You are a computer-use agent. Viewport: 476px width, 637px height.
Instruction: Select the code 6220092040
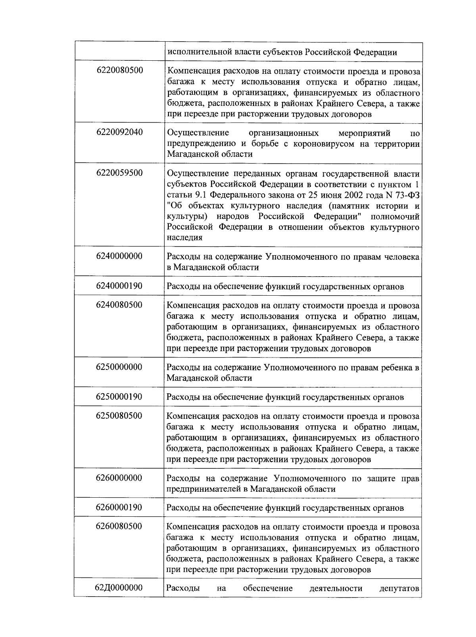point(119,132)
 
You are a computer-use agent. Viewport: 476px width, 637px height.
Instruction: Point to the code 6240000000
point(119,256)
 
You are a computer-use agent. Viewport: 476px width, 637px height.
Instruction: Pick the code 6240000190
point(119,286)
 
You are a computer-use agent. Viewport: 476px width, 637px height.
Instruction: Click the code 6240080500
point(119,305)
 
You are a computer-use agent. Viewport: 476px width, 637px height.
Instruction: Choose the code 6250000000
point(119,367)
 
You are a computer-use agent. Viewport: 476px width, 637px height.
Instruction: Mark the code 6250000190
point(119,396)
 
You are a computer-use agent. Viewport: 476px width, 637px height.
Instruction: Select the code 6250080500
point(119,416)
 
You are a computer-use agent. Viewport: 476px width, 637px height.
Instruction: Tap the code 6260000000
point(119,477)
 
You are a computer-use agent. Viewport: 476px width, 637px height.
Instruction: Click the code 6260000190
point(119,507)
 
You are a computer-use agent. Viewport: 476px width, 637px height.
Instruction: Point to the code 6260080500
point(119,526)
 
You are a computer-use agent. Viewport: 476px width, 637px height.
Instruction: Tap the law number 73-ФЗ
point(405,195)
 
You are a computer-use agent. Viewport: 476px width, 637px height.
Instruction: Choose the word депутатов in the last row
point(399,588)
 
